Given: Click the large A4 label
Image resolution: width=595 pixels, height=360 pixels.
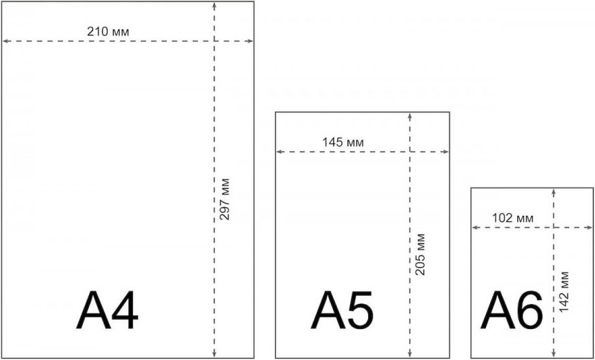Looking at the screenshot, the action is tap(108, 310).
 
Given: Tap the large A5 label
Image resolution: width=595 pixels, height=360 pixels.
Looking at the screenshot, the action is tap(342, 310).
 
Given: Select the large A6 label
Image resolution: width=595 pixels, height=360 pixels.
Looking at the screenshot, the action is tap(512, 310).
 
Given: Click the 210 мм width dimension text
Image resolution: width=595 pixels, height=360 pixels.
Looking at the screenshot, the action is tap(108, 32).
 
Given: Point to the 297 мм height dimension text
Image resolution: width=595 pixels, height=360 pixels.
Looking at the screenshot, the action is tap(225, 199).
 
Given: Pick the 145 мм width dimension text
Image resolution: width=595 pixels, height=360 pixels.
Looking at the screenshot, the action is tap(343, 142).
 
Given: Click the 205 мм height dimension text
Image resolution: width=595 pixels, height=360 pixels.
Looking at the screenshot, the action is tap(420, 254).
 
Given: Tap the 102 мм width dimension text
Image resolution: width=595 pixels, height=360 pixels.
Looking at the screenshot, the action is tap(513, 219).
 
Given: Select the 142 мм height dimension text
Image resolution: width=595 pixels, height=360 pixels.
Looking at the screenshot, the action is tap(564, 292).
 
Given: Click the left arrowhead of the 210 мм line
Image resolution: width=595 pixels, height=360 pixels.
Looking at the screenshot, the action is tap(5, 41).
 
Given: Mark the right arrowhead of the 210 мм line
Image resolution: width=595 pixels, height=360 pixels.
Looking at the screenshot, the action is tap(250, 41).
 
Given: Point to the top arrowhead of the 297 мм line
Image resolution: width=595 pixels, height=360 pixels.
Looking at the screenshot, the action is tap(214, 5).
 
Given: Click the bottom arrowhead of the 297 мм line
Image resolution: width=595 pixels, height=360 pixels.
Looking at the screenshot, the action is tap(214, 354).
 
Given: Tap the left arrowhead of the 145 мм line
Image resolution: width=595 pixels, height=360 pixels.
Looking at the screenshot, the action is tap(279, 152).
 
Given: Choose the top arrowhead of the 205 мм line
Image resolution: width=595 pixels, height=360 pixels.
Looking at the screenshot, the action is tap(410, 115).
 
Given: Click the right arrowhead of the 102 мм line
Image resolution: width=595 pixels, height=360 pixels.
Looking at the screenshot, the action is tap(589, 228).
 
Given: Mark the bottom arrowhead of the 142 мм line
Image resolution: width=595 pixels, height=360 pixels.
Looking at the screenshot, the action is tap(554, 354).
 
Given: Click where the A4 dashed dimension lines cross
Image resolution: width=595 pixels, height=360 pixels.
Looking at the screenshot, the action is tap(214, 41).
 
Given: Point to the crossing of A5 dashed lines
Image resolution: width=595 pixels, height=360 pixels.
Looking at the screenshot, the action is tap(410, 152).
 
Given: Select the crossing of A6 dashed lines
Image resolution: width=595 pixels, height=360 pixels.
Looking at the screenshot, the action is tap(554, 228).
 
